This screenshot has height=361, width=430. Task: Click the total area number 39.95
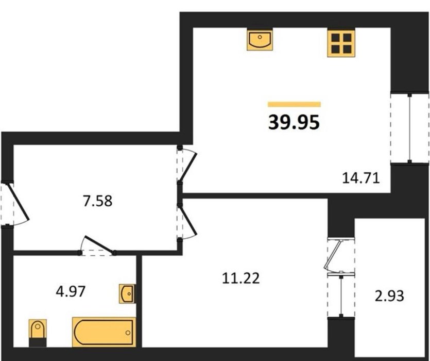[294, 122]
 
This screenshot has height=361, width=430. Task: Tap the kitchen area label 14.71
[361, 178]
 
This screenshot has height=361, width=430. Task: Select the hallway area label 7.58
[98, 201]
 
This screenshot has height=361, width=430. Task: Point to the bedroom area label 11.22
[240, 278]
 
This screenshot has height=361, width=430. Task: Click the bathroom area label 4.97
[71, 291]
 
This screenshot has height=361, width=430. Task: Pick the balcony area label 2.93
[389, 296]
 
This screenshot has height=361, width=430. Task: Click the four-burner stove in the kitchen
[341, 43]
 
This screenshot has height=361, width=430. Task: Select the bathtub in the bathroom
[104, 332]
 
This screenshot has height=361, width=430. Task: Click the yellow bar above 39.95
[294, 104]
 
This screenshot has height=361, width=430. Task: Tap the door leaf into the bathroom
[99, 244]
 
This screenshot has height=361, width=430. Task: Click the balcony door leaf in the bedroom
[333, 255]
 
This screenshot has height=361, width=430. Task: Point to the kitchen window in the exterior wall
[409, 128]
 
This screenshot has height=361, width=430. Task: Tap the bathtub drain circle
[128, 333]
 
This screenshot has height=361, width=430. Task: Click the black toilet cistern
[38, 342]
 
